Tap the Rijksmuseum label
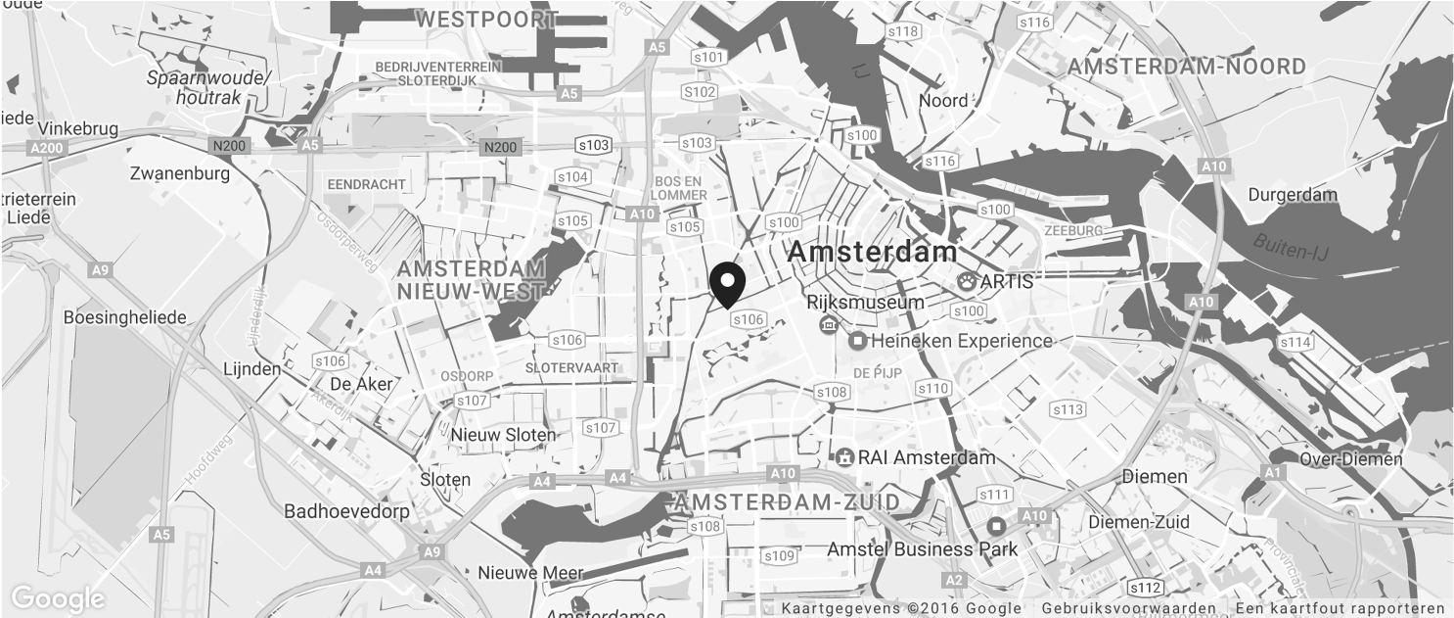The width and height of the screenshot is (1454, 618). click(x=864, y=302)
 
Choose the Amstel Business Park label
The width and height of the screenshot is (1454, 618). click(x=922, y=549)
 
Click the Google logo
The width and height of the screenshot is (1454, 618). click(x=57, y=598)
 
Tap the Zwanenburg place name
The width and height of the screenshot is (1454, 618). click(x=179, y=173)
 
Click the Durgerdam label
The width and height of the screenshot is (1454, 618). click(x=1292, y=195)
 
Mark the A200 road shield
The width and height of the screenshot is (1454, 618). click(x=45, y=147)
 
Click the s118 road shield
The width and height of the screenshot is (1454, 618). click(x=902, y=31)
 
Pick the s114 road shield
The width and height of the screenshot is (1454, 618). click(x=1295, y=342)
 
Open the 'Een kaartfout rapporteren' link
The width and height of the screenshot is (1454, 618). click(x=1340, y=608)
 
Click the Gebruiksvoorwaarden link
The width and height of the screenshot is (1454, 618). click(x=1128, y=608)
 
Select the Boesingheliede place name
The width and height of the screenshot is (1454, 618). click(x=124, y=317)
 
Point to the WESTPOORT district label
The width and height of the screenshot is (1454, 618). click(x=486, y=19)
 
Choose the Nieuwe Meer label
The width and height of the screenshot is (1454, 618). click(x=530, y=573)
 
